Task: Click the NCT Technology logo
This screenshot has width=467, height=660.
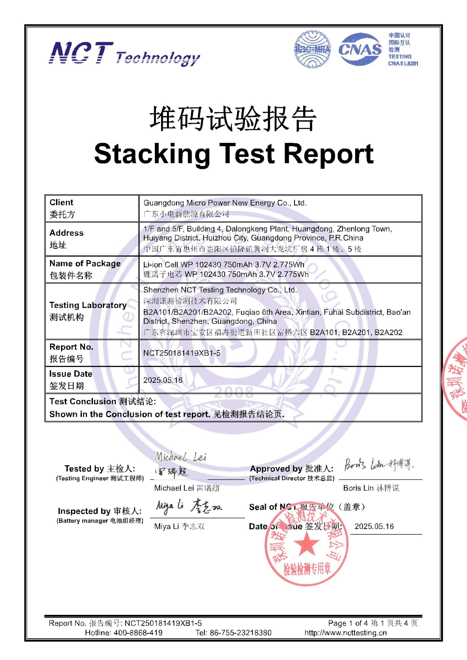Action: coord(124,54)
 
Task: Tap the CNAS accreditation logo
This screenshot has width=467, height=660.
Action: coord(360,49)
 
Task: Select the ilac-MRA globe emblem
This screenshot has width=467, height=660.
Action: coord(312,49)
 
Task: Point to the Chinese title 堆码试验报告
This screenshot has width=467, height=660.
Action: coord(233,119)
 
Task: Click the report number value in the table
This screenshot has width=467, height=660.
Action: coord(182,353)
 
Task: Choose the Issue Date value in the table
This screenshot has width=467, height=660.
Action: coord(163,380)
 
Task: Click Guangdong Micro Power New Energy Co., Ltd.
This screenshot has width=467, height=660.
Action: coord(225,203)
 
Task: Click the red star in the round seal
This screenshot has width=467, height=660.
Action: coord(306,544)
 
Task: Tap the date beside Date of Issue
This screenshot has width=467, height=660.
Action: coord(374,526)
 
